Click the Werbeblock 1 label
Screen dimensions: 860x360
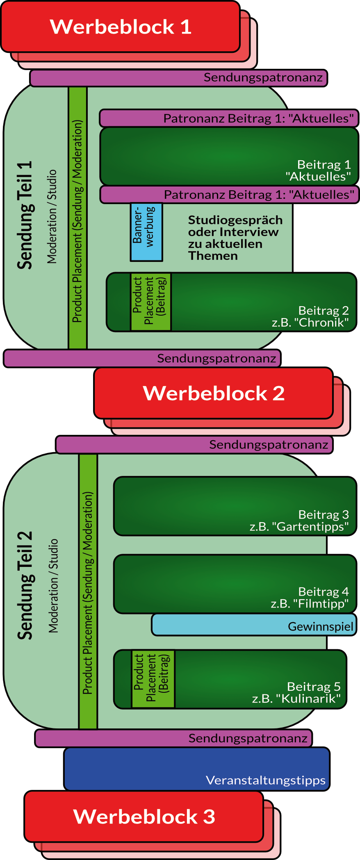[121, 27]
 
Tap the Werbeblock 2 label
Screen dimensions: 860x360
[214, 393]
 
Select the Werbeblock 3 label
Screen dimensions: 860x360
[144, 817]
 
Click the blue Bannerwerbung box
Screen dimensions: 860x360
[146, 232]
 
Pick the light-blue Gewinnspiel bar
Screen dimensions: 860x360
[254, 625]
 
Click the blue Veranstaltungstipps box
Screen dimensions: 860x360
[197, 769]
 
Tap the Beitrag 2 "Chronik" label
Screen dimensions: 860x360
[311, 316]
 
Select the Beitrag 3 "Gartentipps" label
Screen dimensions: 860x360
[299, 521]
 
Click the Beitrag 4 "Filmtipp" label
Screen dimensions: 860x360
[310, 598]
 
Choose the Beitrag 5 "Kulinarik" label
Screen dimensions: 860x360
[296, 692]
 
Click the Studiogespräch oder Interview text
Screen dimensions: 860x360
[235, 238]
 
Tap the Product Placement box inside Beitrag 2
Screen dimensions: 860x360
[150, 302]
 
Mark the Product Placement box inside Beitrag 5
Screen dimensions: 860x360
[153, 679]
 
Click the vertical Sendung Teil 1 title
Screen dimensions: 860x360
[25, 215]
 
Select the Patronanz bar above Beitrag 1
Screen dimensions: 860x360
[229, 118]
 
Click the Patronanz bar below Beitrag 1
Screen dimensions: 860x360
[229, 195]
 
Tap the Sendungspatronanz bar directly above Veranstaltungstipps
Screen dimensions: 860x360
[173, 738]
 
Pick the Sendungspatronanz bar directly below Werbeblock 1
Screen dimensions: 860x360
[179, 78]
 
